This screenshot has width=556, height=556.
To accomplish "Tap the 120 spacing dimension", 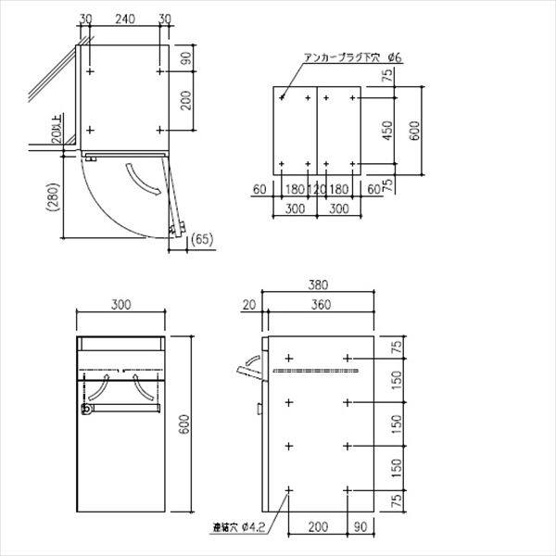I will (x=317, y=189).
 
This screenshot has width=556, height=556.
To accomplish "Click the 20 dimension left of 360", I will (x=248, y=304).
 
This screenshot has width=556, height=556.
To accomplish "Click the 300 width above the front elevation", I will (x=120, y=304).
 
